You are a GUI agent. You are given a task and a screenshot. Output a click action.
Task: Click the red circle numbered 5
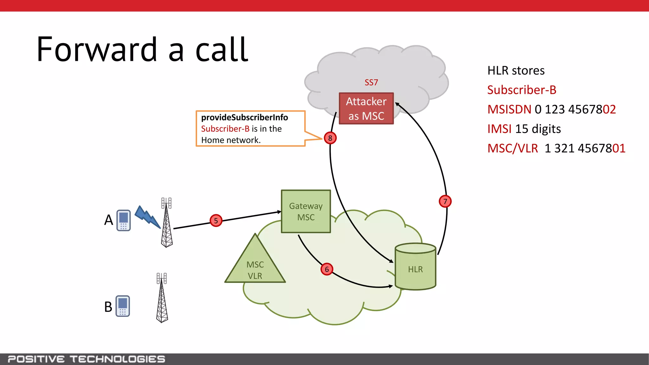216,221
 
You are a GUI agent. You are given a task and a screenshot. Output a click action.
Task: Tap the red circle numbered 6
327,269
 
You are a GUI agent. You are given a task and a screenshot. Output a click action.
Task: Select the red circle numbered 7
445,201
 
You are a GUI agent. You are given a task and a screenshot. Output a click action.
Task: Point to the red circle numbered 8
330,138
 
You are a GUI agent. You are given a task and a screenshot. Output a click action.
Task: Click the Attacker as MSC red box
366,108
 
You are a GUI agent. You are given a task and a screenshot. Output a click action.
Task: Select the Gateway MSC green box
306,211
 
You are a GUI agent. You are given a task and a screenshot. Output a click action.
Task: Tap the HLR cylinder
415,267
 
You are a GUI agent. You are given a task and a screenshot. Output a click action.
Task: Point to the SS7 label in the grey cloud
371,82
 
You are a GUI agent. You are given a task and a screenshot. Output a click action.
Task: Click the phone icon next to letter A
124,220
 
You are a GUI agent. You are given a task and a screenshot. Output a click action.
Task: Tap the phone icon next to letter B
123,306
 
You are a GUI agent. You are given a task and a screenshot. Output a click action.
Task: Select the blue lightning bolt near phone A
147,217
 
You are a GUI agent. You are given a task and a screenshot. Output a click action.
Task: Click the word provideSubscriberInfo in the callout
244,118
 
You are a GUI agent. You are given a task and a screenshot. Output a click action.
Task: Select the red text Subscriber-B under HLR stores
522,90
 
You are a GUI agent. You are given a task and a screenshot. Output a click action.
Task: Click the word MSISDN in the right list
509,109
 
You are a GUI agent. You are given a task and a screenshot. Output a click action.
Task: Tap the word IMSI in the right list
499,129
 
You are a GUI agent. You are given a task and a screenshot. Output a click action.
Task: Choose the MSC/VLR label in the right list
512,148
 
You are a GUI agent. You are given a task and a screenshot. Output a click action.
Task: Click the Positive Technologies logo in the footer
86,359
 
